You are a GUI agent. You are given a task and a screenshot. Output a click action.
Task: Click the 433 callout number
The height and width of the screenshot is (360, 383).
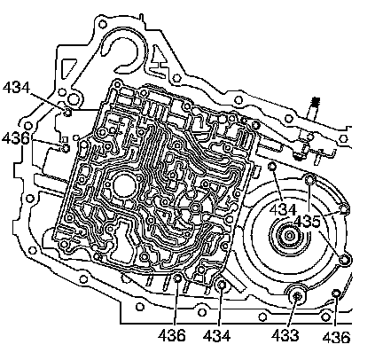(285, 336)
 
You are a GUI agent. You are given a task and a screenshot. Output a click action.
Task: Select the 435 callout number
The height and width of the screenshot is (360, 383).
(308, 222)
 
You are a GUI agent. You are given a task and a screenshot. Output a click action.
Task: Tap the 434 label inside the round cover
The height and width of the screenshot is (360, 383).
(283, 210)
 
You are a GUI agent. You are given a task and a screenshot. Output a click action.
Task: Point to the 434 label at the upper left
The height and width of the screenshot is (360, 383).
(16, 88)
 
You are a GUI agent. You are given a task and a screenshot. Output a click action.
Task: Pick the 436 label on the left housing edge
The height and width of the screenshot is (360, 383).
(15, 138)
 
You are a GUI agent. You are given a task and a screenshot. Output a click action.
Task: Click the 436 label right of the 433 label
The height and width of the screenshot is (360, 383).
(336, 337)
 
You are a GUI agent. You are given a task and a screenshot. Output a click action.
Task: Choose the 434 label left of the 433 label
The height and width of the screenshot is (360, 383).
(216, 336)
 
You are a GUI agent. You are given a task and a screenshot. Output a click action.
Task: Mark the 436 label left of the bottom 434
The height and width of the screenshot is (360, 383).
(172, 335)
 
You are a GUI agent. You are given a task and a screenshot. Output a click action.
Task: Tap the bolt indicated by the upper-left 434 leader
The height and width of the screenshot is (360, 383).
(68, 113)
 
